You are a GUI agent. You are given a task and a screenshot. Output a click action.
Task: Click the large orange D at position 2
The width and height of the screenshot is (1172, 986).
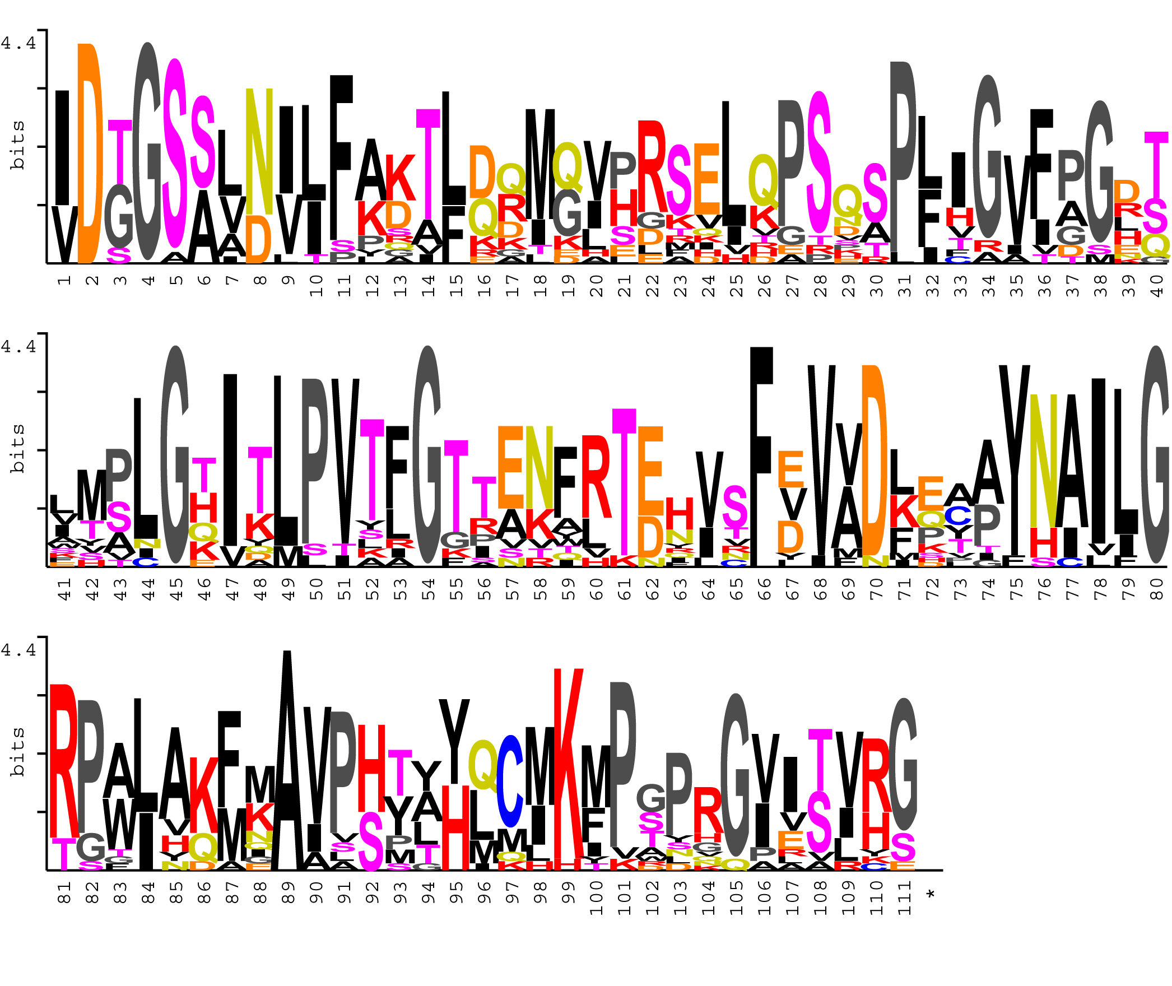coord(91,154)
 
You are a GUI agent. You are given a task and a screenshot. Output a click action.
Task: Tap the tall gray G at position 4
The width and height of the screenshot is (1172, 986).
coord(147,151)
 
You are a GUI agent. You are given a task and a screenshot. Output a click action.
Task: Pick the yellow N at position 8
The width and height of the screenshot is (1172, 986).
coord(259,151)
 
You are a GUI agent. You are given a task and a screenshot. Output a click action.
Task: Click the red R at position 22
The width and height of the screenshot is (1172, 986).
coord(652,166)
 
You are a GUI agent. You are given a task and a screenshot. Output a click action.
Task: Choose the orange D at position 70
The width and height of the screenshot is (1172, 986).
coord(875,459)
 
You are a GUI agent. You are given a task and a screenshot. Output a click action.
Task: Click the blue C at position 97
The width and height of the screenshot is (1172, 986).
coord(510,781)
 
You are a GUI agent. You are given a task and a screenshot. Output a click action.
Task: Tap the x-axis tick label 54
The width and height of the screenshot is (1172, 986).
coord(429,589)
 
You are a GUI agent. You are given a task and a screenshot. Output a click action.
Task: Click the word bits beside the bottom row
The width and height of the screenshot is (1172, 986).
coord(17,751)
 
